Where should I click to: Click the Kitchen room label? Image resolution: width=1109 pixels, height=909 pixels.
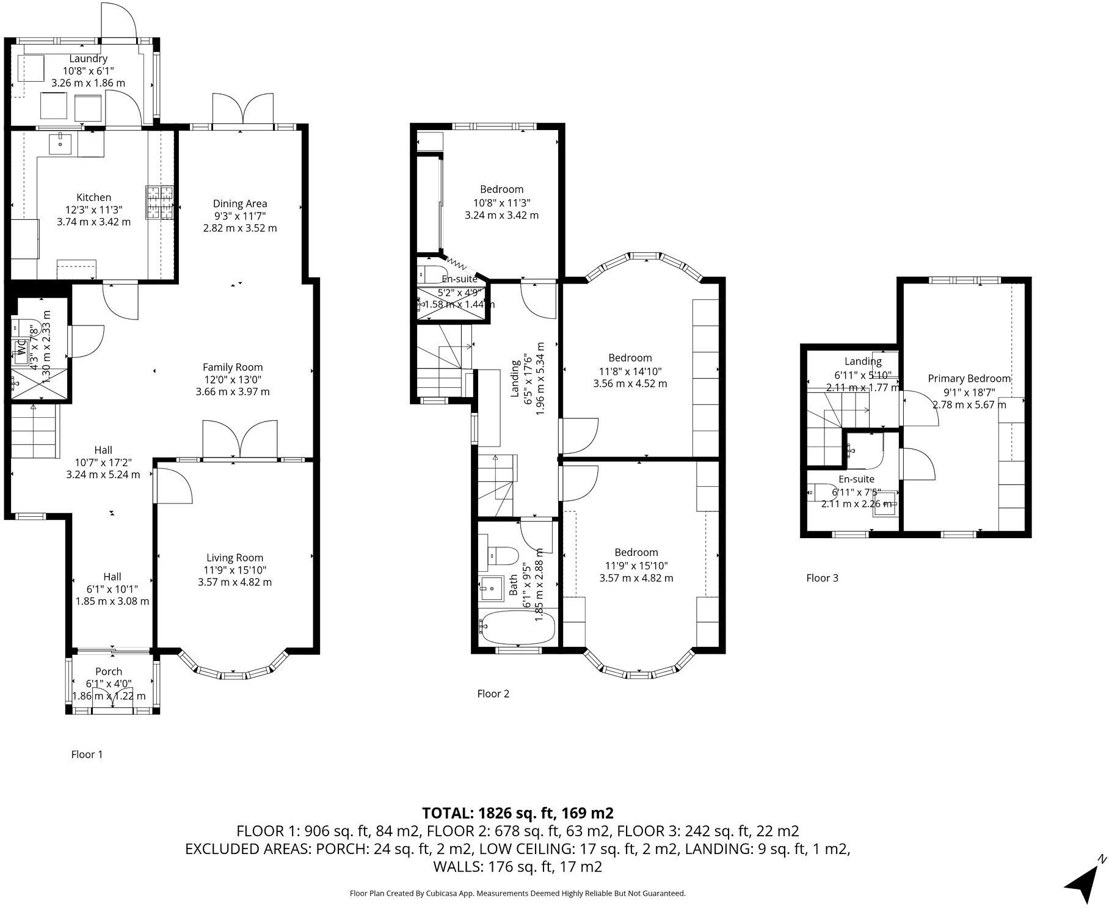93,197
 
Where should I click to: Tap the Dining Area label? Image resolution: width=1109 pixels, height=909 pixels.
240,203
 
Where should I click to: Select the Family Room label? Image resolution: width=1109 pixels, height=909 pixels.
233,367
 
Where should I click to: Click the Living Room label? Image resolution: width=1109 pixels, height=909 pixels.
235,557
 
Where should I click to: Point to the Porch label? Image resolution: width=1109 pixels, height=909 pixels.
109,671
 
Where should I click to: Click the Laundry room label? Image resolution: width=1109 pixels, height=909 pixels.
89,59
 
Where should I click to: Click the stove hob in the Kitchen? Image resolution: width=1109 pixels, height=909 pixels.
160,202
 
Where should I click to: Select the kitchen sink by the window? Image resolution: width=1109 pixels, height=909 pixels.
61,144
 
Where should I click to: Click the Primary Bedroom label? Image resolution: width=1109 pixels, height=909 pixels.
969,379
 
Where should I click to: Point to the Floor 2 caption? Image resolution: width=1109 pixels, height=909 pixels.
493,693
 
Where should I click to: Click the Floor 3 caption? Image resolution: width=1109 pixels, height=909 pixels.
822,578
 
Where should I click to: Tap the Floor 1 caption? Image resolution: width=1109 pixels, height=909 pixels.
87,754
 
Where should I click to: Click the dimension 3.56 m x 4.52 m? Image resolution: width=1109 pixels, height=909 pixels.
630,384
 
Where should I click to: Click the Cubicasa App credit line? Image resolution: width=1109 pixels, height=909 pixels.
517,893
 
